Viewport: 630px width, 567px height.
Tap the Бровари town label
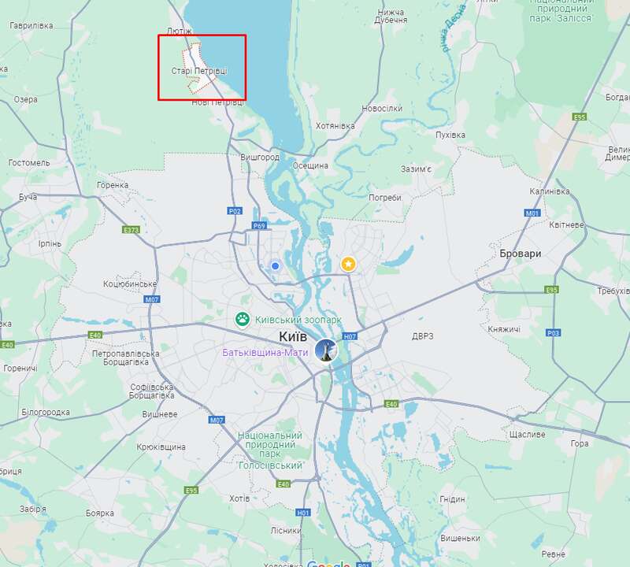click(x=521, y=254)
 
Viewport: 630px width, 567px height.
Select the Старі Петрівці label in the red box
click(x=200, y=71)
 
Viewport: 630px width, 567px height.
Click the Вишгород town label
click(x=260, y=157)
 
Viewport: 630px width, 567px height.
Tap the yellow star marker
click(x=347, y=264)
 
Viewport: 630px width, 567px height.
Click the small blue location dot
click(x=275, y=266)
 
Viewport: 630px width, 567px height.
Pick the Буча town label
click(x=28, y=196)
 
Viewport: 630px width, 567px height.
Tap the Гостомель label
click(x=29, y=163)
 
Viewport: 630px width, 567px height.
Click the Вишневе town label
click(x=159, y=414)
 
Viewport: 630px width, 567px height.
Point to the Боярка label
click(x=100, y=513)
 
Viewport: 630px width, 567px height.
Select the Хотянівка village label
click(x=335, y=126)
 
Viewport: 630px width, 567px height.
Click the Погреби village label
click(x=385, y=197)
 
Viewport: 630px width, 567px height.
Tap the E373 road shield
click(x=131, y=230)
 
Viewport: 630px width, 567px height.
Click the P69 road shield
click(x=259, y=226)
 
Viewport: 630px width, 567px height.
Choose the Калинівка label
click(x=549, y=191)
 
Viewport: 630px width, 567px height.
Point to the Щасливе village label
click(x=527, y=435)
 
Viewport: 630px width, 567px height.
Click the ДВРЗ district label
click(x=423, y=336)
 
